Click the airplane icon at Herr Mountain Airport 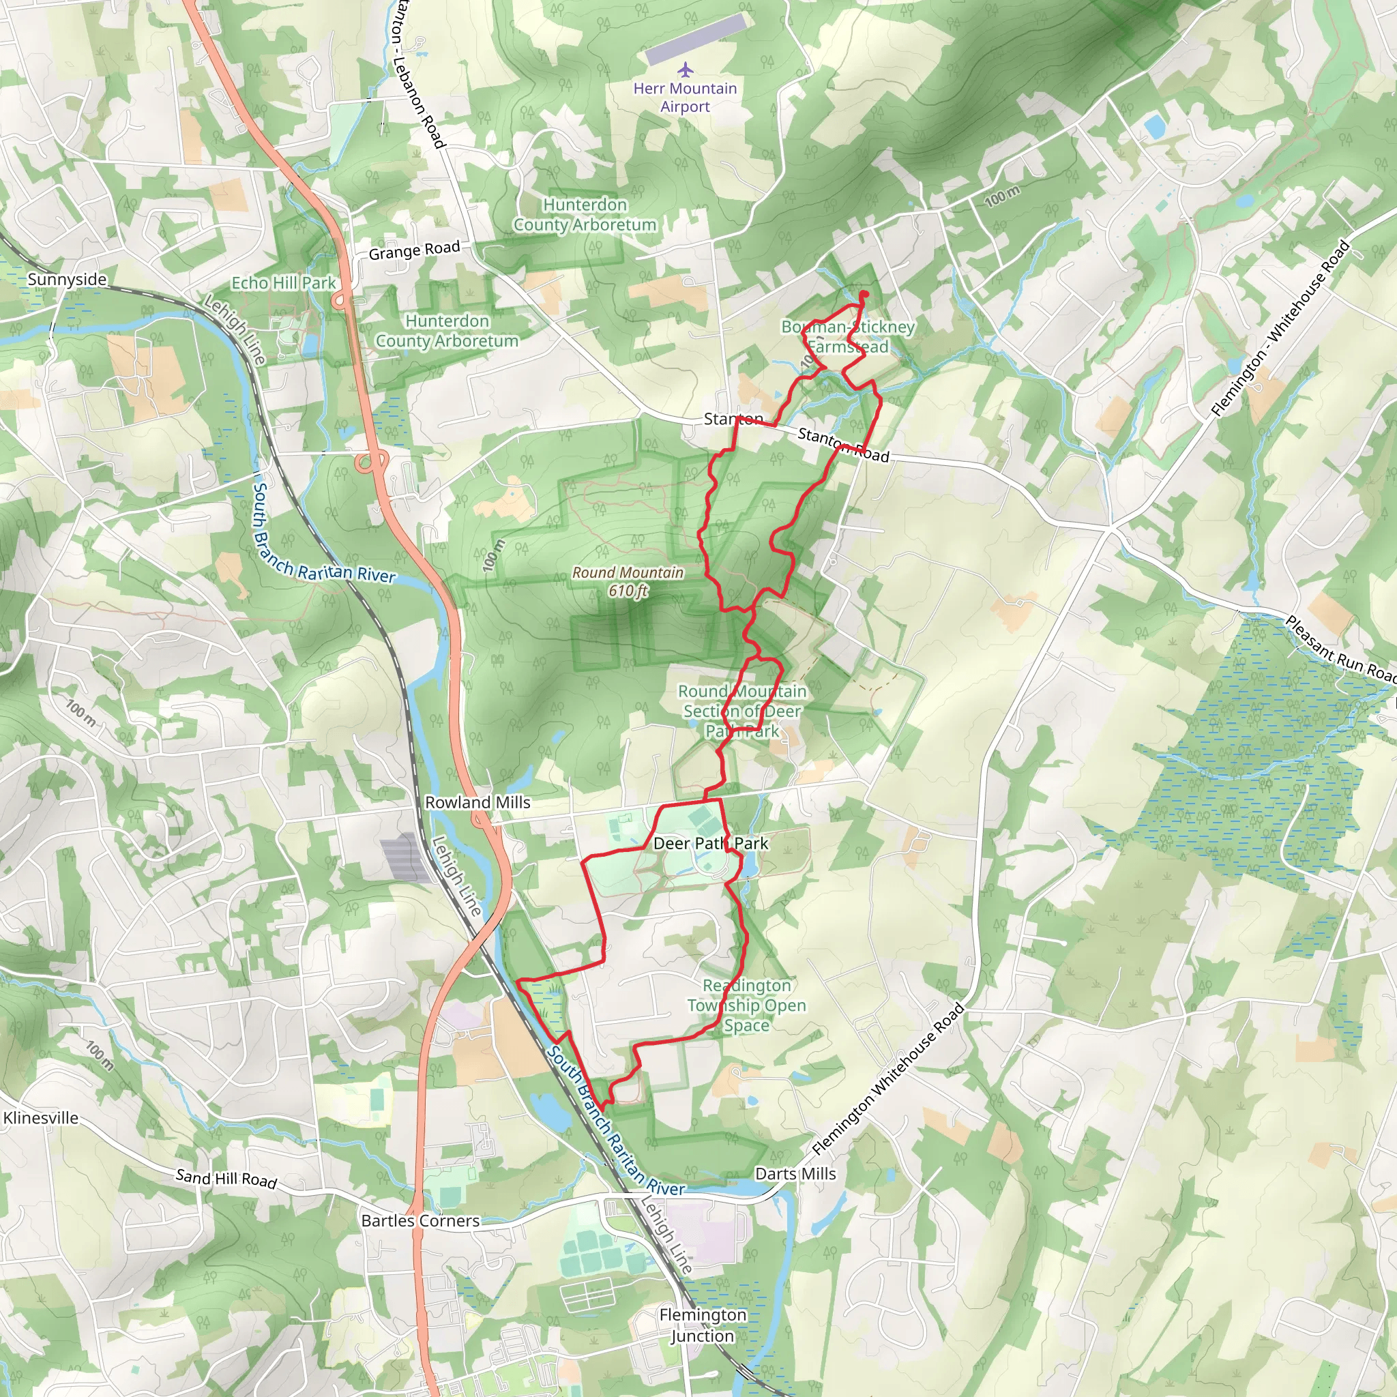(x=686, y=70)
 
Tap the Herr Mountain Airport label (x=685, y=98)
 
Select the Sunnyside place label (x=67, y=280)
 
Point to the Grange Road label (x=413, y=251)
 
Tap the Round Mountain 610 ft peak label (x=628, y=581)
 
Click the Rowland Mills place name (x=477, y=803)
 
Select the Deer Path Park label (x=710, y=843)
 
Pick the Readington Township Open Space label (x=746, y=1005)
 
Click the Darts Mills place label (x=795, y=1173)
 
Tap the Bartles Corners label (x=420, y=1220)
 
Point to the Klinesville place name (x=40, y=1118)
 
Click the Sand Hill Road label (x=226, y=1179)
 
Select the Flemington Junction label (x=702, y=1325)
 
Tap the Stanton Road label (x=843, y=445)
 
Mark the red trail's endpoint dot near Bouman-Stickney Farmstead (x=864, y=294)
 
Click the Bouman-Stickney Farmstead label (x=848, y=337)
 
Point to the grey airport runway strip (x=695, y=40)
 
